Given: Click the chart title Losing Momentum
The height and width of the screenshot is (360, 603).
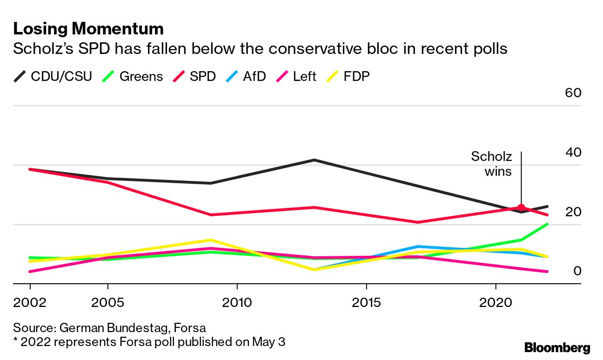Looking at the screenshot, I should [88, 29].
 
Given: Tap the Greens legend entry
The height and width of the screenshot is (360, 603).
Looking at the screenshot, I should [133, 76].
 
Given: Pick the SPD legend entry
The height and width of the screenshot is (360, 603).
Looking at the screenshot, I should [194, 76].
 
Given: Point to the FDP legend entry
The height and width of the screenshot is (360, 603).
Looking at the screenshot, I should [348, 76].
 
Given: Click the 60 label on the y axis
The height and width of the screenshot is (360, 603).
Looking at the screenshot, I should [573, 93].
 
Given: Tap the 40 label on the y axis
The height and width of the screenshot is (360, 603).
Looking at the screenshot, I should [573, 152].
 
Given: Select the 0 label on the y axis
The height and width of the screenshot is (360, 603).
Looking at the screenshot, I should [577, 271].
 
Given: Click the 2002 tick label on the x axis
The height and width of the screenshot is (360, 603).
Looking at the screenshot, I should [30, 303].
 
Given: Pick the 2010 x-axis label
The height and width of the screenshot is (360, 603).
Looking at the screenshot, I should [237, 303].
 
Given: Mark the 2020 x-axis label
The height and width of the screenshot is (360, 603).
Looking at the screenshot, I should [496, 303].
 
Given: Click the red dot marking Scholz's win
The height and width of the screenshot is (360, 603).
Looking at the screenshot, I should [521, 207].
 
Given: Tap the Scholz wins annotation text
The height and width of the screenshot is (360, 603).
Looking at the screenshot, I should [491, 164].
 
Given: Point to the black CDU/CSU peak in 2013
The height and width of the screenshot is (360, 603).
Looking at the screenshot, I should [315, 160].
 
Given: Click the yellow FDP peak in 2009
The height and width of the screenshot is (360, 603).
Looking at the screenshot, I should [211, 240].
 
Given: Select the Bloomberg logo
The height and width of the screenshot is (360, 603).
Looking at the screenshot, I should [557, 347].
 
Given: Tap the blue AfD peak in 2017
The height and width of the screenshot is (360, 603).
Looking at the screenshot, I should [418, 247].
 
